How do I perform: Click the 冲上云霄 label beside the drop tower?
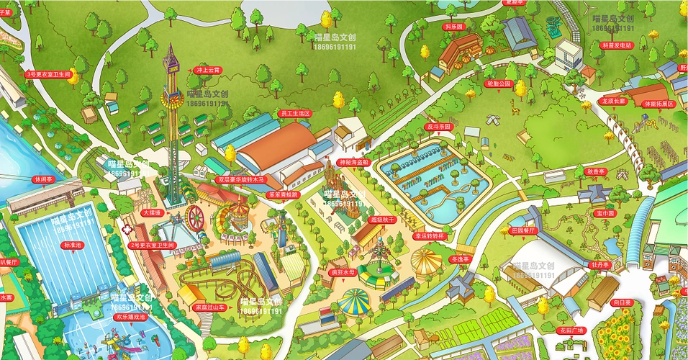(208, 71)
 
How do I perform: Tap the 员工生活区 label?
(295, 113)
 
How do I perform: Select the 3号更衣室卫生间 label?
(48, 73)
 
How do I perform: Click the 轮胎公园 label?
(497, 84)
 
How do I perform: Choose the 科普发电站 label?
(616, 45)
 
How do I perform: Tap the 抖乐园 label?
(454, 26)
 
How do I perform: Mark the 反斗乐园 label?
(438, 126)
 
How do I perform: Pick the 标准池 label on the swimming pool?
(73, 245)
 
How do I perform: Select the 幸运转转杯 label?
(430, 235)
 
